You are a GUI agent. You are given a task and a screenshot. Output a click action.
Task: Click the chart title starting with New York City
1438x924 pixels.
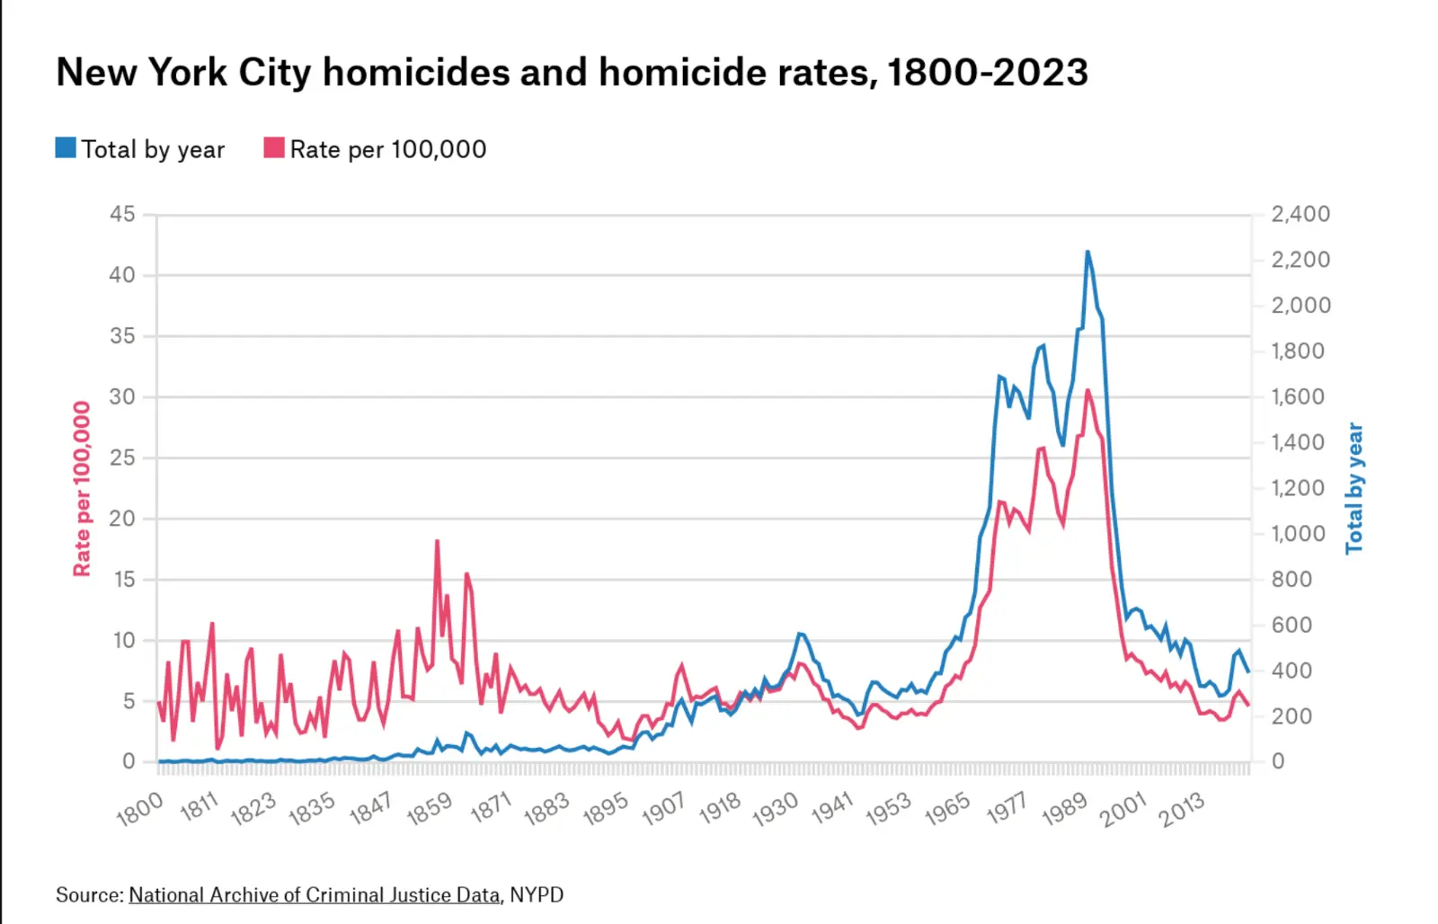point(572,73)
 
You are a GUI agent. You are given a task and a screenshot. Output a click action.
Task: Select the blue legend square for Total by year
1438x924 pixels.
point(66,148)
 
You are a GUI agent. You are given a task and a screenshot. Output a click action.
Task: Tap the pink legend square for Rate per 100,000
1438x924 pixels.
point(274,148)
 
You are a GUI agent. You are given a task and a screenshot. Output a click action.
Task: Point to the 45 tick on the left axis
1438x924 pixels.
point(122,214)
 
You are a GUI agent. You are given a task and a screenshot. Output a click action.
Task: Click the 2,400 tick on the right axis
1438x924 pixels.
point(1300,214)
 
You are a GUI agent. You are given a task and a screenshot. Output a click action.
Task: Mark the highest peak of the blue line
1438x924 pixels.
point(1087,252)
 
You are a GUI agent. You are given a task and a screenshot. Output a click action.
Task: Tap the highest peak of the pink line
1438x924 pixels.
point(1087,390)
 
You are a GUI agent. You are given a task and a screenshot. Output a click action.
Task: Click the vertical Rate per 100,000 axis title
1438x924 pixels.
point(82,488)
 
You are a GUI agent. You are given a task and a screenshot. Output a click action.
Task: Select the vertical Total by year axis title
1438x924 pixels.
point(1354,488)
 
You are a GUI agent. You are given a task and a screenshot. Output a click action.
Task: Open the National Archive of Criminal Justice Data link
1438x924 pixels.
point(315,895)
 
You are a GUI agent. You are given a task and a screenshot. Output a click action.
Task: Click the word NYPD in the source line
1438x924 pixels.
point(537,895)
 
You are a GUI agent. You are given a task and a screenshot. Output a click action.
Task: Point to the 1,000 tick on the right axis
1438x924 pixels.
point(1298,534)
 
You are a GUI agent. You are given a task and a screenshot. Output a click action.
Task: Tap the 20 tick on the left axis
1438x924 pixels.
point(122,519)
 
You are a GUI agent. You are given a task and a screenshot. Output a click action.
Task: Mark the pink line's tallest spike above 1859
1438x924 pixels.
point(437,541)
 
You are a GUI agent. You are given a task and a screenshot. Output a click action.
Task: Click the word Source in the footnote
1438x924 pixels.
point(88,895)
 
